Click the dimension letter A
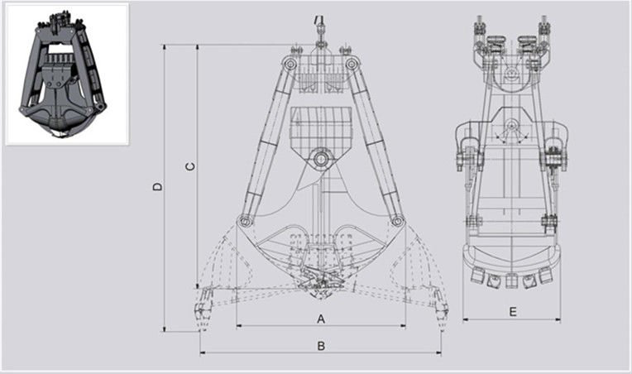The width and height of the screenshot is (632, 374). [x=321, y=319]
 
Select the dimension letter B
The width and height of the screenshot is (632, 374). [x=321, y=346]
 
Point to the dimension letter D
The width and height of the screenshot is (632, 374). [x=158, y=187]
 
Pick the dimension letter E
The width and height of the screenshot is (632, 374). [x=512, y=312]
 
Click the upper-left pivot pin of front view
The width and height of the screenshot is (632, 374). [x=290, y=63]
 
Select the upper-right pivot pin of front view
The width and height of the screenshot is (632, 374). [x=351, y=63]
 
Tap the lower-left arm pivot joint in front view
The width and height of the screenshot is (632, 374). [x=244, y=221]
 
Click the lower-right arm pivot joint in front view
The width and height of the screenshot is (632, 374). [x=397, y=221]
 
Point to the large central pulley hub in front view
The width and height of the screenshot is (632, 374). [x=321, y=158]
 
